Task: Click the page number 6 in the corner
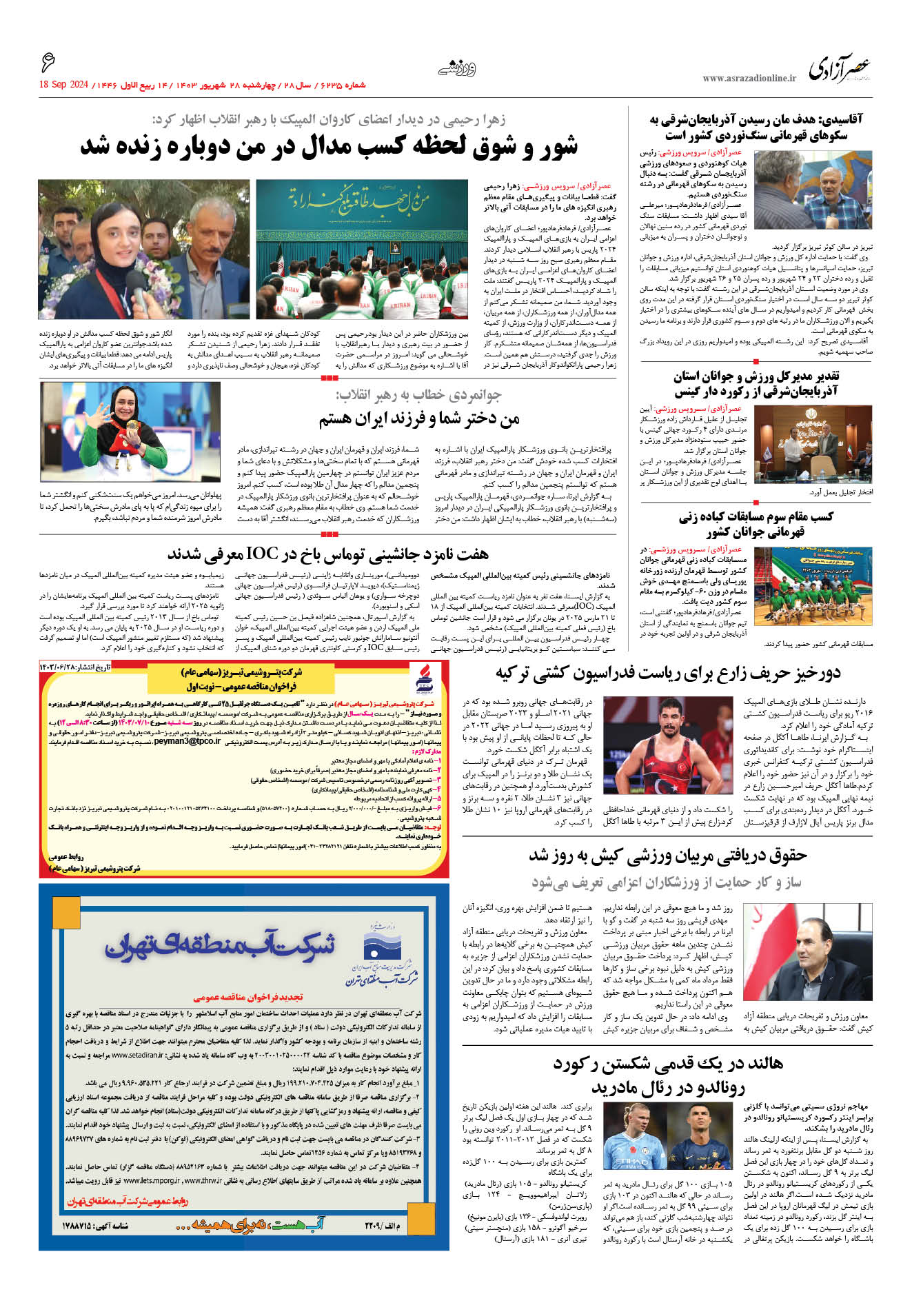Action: click(x=48, y=64)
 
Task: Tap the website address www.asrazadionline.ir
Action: click(x=749, y=79)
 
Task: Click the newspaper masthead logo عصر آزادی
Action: click(x=840, y=69)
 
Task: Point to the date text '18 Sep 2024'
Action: click(x=64, y=85)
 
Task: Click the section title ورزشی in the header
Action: click(x=457, y=68)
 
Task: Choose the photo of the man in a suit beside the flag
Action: click(x=807, y=952)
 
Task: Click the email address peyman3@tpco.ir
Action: click(x=187, y=741)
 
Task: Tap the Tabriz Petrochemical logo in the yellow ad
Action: click(x=424, y=679)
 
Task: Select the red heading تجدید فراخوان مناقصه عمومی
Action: click(x=247, y=997)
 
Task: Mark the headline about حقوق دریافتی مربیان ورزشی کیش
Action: click(x=667, y=856)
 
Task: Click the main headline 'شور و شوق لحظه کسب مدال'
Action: click(x=329, y=147)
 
